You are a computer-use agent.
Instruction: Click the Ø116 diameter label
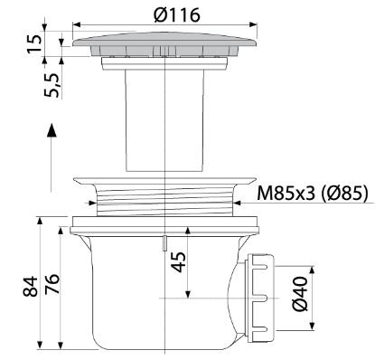click(177, 14)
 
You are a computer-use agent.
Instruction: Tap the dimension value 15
click(34, 44)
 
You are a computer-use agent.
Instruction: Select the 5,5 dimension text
click(52, 85)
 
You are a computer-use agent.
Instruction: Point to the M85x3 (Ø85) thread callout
click(313, 193)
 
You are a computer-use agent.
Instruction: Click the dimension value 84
click(31, 287)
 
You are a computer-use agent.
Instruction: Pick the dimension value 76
click(52, 284)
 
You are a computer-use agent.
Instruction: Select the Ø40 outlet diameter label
click(300, 294)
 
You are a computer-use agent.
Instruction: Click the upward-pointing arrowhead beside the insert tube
click(52, 130)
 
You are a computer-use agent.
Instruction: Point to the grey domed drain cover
click(164, 43)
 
